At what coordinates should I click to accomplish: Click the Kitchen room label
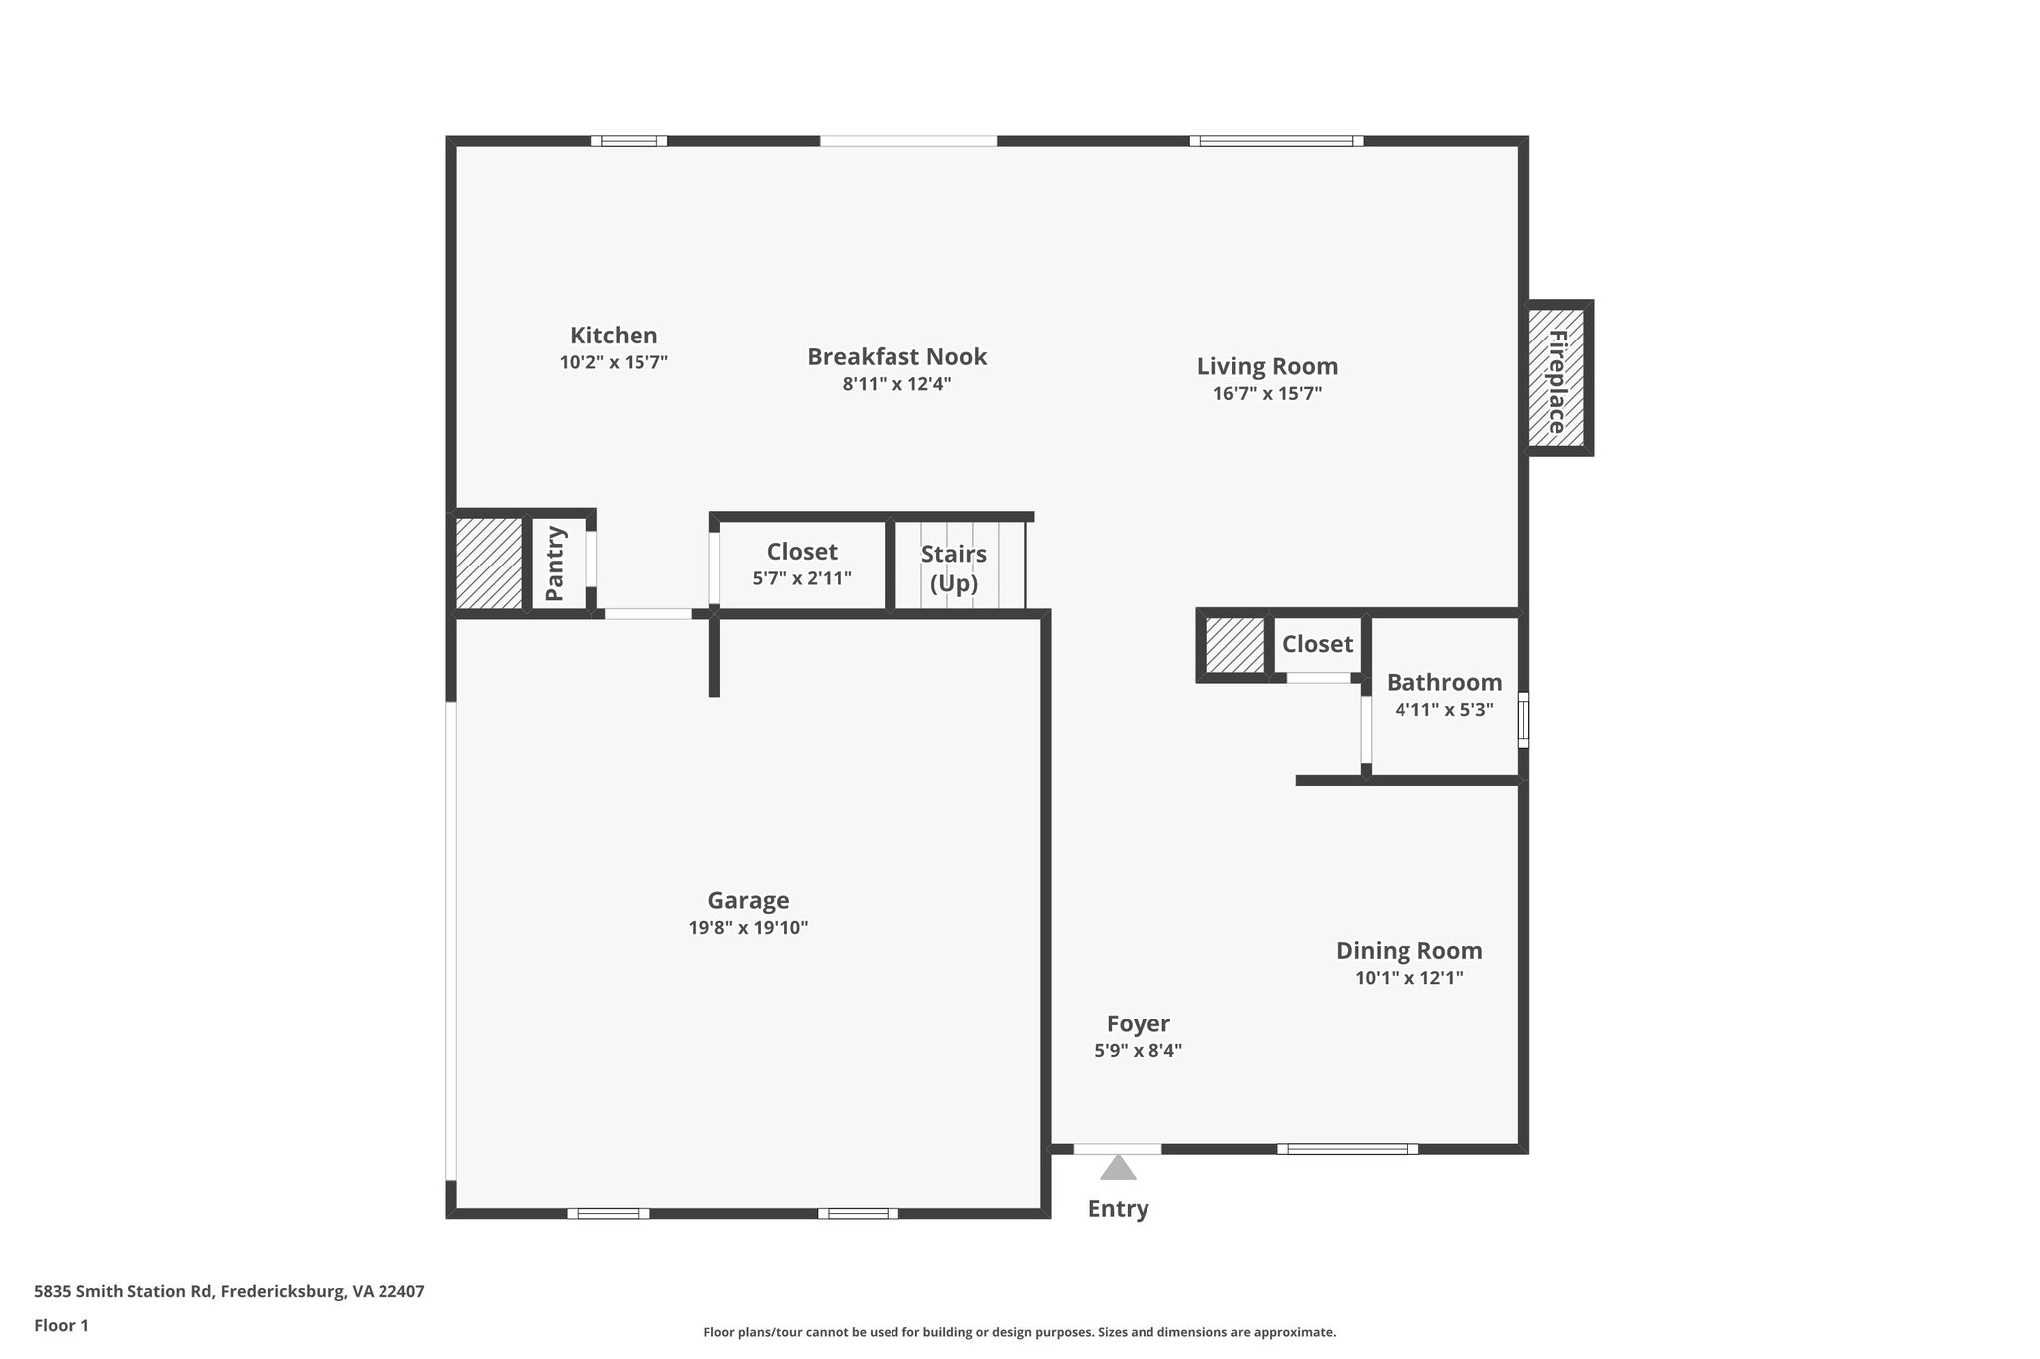tap(614, 336)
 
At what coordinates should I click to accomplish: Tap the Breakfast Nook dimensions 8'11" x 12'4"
tap(896, 384)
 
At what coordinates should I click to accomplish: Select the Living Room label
tap(1267, 366)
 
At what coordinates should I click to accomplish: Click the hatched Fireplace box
tap(1556, 377)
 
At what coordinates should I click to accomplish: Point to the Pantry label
tap(555, 564)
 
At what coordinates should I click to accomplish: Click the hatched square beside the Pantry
tap(489, 564)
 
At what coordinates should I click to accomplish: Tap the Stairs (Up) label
tap(953, 567)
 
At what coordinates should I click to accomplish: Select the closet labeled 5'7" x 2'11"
tap(802, 565)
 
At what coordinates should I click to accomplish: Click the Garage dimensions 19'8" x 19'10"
tap(748, 928)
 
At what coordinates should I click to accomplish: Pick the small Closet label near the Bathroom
tap(1317, 644)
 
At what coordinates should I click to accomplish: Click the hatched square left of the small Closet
tap(1234, 645)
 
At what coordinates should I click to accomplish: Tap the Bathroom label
tap(1444, 682)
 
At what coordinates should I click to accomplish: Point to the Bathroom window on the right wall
tap(1523, 719)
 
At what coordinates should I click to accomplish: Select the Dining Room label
tap(1408, 950)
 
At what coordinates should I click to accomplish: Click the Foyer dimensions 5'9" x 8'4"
tap(1138, 1050)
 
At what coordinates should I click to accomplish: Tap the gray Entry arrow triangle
tap(1118, 1168)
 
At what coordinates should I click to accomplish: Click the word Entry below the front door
tap(1118, 1208)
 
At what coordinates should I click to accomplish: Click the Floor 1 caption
tap(62, 1325)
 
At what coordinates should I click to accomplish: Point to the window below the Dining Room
tap(1348, 1149)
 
